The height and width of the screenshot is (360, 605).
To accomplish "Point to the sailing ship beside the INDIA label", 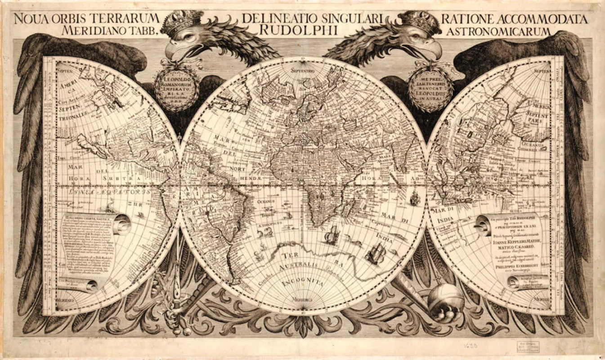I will [x=376, y=254].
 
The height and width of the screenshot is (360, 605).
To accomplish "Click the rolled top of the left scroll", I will [x=121, y=224].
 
